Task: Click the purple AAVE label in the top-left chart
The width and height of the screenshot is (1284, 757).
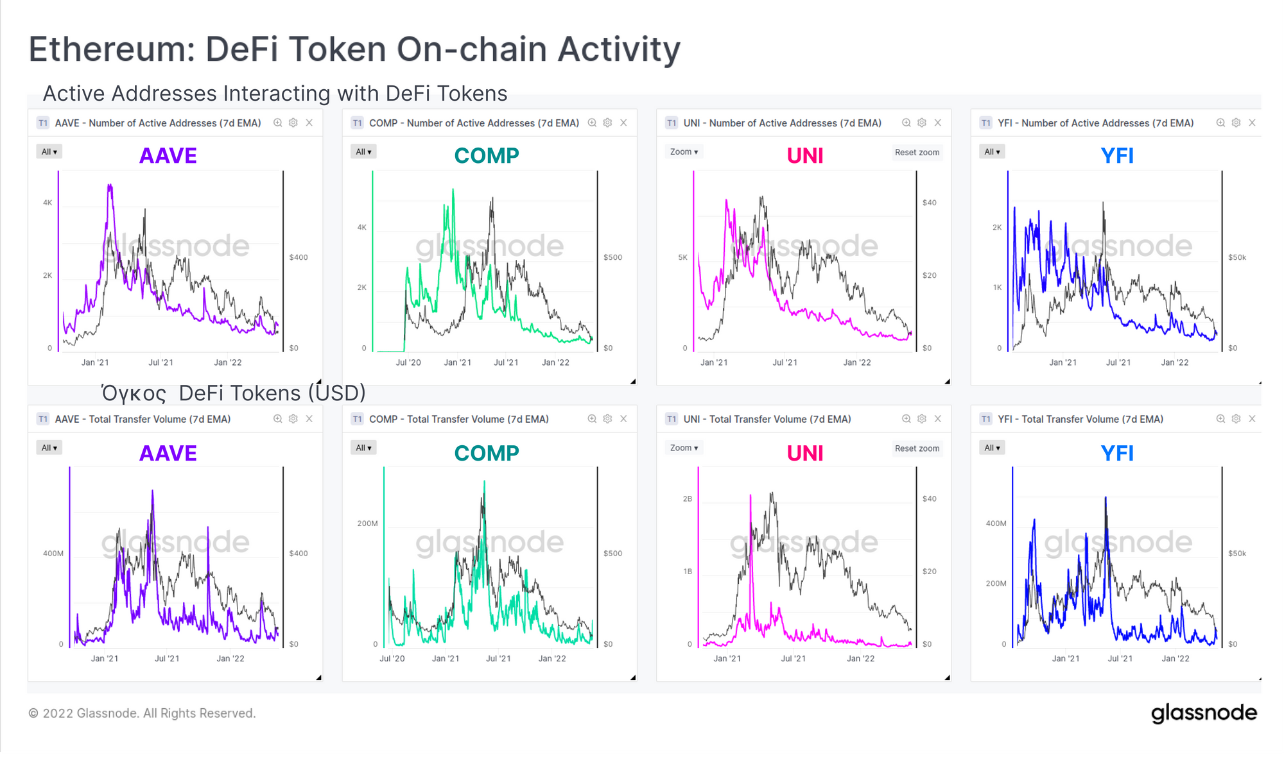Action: [168, 156]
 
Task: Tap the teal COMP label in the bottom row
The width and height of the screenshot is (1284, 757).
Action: [487, 454]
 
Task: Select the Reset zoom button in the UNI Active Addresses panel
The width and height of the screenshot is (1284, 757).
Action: [917, 153]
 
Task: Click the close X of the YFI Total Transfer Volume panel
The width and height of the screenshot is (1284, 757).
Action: [1252, 419]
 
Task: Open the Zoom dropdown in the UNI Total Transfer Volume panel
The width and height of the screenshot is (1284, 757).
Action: [684, 448]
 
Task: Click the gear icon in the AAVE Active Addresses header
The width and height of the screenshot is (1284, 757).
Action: [293, 123]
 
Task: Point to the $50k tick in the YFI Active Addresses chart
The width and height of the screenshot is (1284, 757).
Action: [1236, 257]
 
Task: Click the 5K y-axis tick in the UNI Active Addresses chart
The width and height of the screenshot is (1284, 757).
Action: [682, 257]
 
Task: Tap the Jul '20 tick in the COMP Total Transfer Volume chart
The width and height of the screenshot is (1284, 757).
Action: [392, 658]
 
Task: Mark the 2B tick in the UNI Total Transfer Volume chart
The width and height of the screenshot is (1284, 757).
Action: [688, 498]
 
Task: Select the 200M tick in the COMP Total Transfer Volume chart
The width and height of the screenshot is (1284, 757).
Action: [367, 523]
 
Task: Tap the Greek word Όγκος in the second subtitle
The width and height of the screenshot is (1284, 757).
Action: [134, 393]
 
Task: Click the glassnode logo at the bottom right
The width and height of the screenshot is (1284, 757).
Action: [1204, 713]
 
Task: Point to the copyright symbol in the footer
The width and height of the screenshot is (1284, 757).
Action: [33, 713]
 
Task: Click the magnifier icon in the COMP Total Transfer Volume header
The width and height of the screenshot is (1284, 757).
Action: [592, 419]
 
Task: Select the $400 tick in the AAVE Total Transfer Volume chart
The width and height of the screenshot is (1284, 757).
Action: [299, 553]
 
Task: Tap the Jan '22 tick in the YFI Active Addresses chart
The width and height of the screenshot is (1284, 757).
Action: [1175, 362]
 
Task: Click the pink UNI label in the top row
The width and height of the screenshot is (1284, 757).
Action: [805, 156]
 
